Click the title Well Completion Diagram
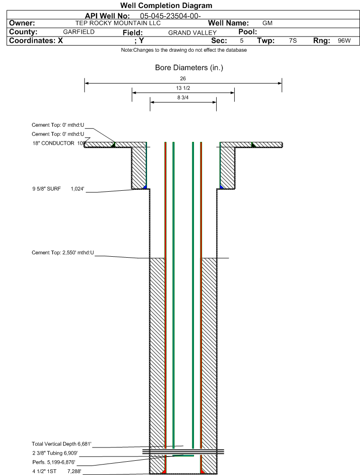click(166, 5)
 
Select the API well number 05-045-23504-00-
click(170, 16)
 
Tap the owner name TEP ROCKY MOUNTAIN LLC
click(118, 23)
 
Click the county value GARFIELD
click(79, 32)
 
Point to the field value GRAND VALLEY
click(193, 33)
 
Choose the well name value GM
click(268, 23)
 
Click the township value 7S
click(293, 41)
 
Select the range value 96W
click(344, 41)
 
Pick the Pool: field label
click(248, 32)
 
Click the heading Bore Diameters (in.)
click(189, 67)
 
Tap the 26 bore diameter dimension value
click(183, 78)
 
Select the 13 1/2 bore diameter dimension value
click(183, 88)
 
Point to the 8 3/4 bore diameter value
click(183, 98)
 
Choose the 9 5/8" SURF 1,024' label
click(58, 189)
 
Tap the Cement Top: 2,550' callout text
click(63, 252)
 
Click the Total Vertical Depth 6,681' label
click(62, 444)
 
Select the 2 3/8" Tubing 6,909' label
click(55, 453)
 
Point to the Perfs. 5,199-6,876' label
click(54, 462)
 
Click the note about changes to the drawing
click(184, 50)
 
